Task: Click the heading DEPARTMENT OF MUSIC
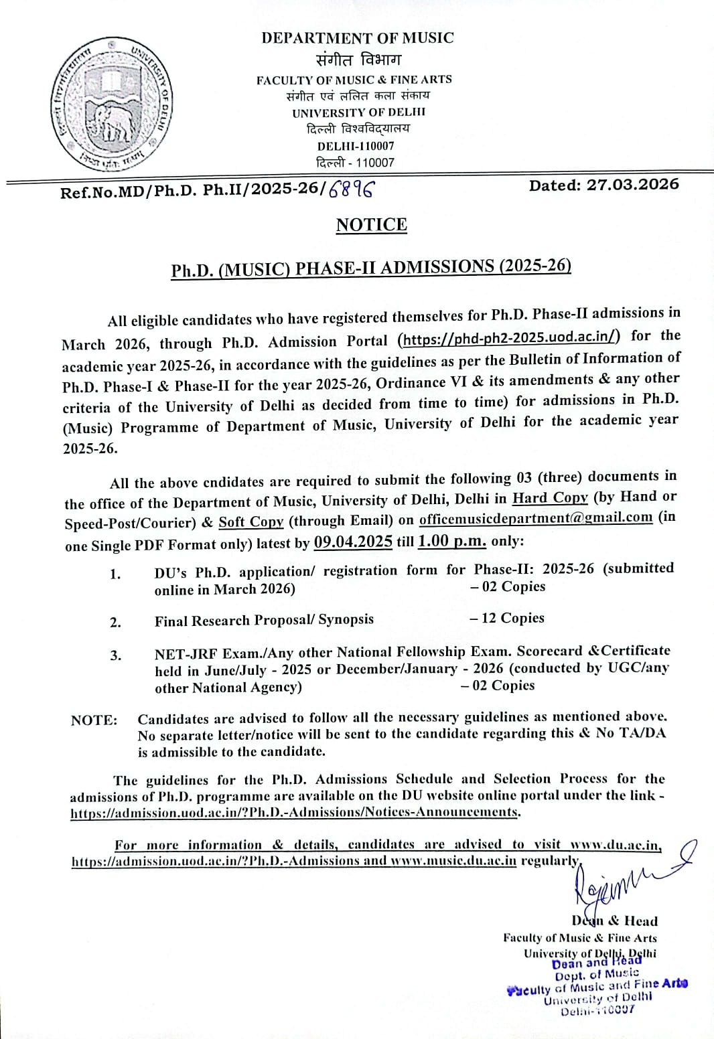(x=358, y=37)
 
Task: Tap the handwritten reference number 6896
(x=350, y=189)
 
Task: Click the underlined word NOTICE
(x=371, y=225)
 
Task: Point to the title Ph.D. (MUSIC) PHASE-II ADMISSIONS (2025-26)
(x=371, y=268)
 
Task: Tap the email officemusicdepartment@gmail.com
(x=535, y=517)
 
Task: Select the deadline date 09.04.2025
(x=353, y=542)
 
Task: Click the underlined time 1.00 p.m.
(x=451, y=541)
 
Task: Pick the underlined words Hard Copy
(x=550, y=497)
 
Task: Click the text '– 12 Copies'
(x=507, y=618)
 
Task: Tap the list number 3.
(x=116, y=655)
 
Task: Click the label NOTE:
(x=94, y=720)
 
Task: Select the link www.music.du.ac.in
(x=453, y=861)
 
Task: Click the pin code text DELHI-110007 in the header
(x=356, y=145)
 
